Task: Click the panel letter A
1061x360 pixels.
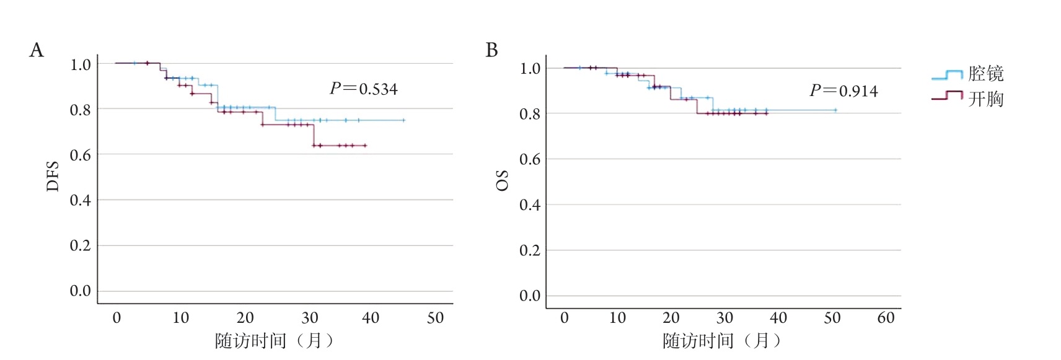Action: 37,50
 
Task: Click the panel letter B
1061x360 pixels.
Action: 491,50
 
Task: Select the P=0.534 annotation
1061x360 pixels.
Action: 363,89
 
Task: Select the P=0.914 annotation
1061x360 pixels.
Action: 843,91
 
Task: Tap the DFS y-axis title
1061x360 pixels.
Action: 53,176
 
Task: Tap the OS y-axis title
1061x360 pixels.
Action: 502,180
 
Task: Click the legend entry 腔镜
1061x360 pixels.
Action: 985,74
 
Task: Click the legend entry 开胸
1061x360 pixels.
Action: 985,99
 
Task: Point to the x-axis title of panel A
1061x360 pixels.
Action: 274,341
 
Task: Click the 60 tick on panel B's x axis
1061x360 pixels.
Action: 886,318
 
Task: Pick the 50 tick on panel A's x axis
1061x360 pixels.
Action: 435,318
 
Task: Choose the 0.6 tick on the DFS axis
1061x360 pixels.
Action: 80,155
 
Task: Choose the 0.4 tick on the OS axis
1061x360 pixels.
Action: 529,205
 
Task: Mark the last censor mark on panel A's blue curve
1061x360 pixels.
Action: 403,120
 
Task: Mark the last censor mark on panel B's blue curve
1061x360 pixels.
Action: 835,110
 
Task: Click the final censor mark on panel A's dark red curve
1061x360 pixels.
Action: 365,146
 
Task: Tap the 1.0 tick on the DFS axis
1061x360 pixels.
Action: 80,64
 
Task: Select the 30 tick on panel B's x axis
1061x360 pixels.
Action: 724,318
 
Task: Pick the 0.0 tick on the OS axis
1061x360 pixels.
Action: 529,296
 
